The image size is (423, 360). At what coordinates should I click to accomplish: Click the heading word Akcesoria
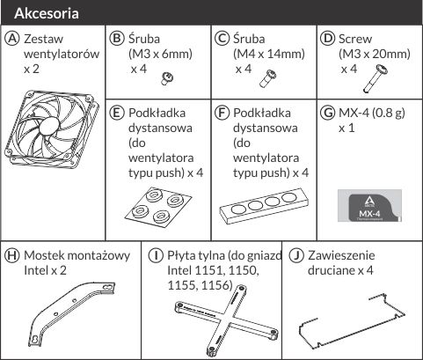47,13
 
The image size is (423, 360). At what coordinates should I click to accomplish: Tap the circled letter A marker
11,39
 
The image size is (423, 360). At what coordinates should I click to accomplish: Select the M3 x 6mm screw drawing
167,78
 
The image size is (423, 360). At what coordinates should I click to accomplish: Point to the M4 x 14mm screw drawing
267,78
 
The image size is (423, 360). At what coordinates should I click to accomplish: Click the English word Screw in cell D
355,39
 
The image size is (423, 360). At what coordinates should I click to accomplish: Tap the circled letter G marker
327,113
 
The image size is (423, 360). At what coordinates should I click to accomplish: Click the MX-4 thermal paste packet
369,205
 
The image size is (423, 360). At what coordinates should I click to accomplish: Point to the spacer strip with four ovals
265,206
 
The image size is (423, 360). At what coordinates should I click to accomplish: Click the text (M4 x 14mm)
269,54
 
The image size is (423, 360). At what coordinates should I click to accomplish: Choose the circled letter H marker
11,255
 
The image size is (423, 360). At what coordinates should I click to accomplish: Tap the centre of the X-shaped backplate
227,319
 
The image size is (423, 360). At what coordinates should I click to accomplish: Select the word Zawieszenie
341,255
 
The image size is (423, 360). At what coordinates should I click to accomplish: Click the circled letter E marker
116,113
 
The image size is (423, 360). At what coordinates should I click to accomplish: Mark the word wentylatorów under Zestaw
62,54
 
